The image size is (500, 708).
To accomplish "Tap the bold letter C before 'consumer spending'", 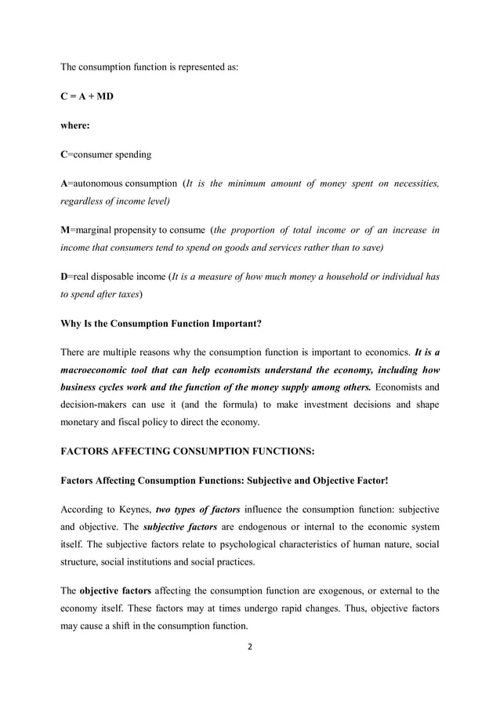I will click(64, 154).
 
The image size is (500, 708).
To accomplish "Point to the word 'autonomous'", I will click(97, 183).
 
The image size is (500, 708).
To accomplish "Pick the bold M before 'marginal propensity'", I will click(65, 230).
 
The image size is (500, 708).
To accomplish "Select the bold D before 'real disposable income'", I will click(64, 277).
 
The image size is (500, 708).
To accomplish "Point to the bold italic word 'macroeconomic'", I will click(97, 369).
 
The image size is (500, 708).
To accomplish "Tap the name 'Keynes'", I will click(135, 509).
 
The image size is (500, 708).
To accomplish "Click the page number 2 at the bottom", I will click(249, 648).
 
